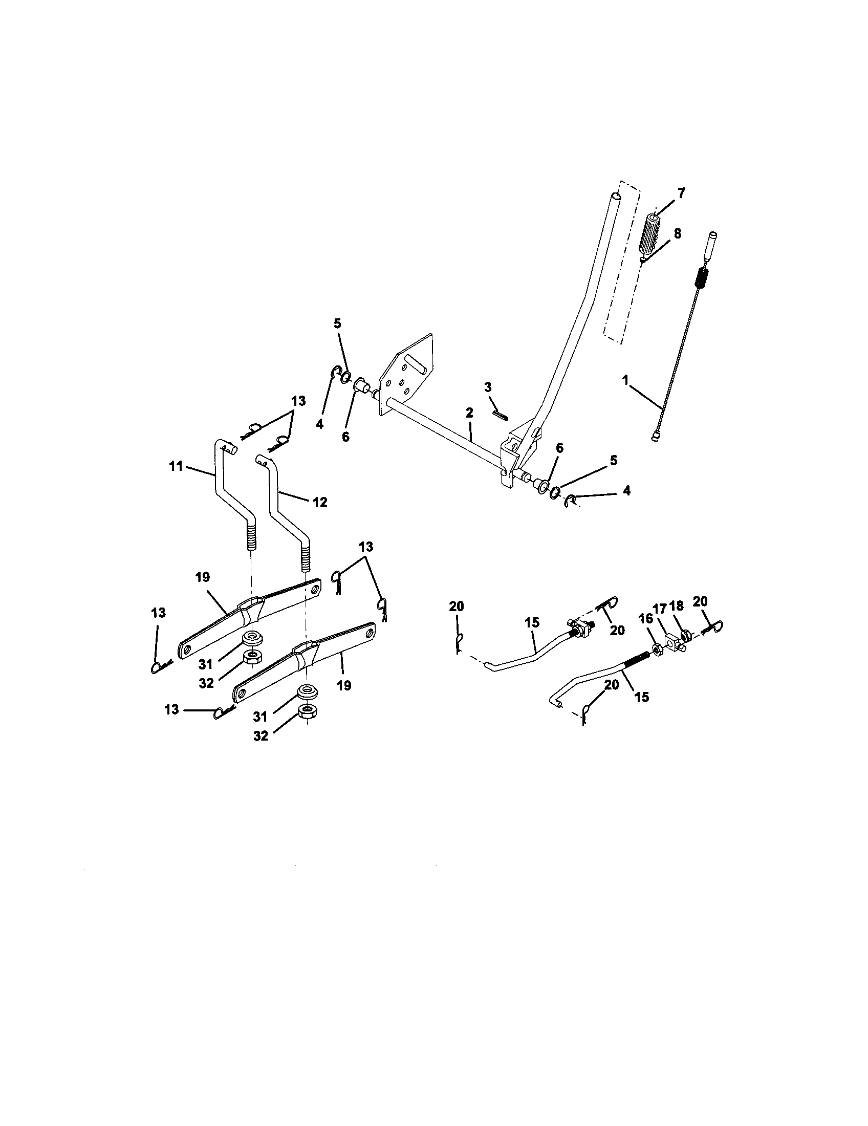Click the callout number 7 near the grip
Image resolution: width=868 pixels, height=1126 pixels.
coord(681,194)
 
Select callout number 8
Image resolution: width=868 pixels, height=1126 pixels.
coord(677,233)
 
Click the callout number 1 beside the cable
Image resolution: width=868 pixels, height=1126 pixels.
coord(625,380)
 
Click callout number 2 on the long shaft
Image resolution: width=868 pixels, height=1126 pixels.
coord(468,413)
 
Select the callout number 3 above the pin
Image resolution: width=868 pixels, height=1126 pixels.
coord(488,387)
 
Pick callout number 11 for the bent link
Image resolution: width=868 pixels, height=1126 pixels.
coord(176,466)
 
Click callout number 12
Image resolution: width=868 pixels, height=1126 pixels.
coord(320,502)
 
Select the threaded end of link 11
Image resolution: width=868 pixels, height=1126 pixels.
coord(250,536)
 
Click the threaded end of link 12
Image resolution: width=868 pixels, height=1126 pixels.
coord(306,557)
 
